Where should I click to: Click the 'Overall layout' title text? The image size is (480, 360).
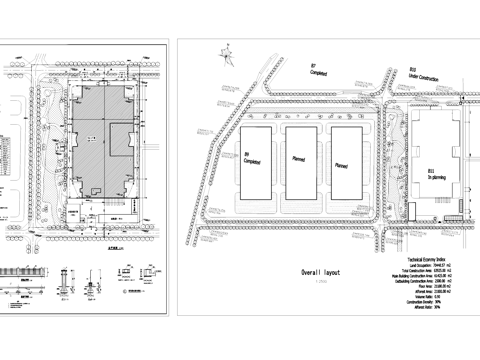coord(322,272)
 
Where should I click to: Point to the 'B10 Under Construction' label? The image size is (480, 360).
coord(418,73)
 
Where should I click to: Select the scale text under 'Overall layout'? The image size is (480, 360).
coord(321,281)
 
